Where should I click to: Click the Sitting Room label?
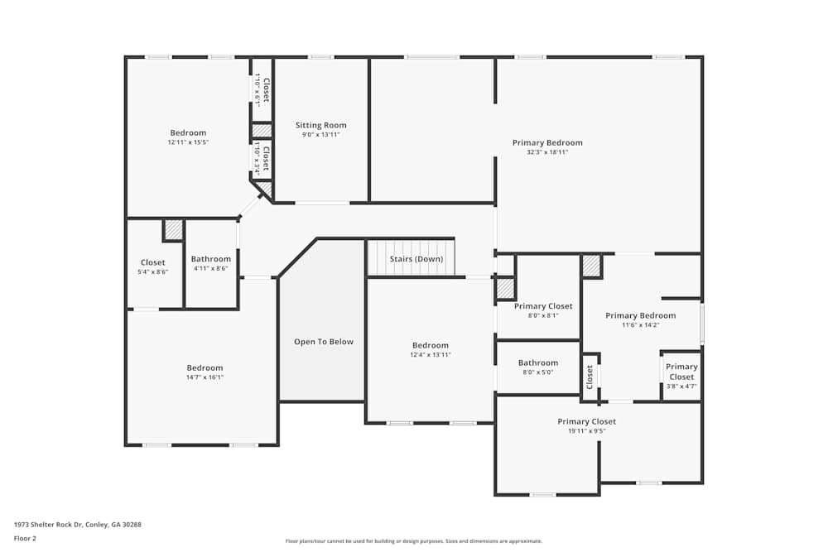click(321, 125)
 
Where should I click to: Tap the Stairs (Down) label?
click(416, 259)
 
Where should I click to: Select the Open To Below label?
click(324, 342)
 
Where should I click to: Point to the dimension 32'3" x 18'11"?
click(547, 152)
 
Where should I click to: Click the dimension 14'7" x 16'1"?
click(205, 377)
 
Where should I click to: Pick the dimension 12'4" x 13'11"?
click(431, 355)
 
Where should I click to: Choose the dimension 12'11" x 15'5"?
click(189, 142)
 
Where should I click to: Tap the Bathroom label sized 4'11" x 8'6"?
click(211, 259)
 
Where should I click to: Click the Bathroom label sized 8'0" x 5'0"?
click(538, 363)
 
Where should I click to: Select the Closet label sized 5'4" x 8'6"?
click(153, 263)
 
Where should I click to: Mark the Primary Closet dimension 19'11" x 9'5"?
click(587, 431)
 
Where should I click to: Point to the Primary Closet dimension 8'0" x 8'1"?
click(543, 315)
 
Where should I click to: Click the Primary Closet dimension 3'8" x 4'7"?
click(681, 386)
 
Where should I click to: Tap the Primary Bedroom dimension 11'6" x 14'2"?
click(641, 325)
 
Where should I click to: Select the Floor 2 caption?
click(25, 538)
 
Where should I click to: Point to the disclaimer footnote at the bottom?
click(413, 541)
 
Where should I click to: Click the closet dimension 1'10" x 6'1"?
click(258, 90)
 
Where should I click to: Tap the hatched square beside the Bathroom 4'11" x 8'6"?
click(173, 230)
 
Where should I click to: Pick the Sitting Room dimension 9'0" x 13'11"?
click(321, 135)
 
